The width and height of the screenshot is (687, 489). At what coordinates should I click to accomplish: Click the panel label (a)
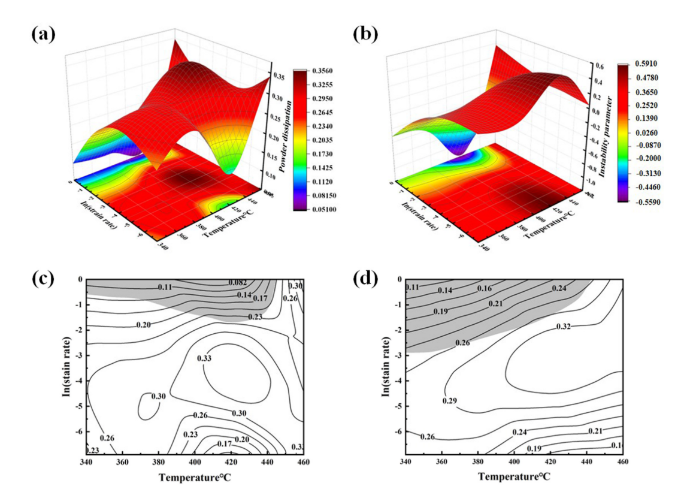point(43,35)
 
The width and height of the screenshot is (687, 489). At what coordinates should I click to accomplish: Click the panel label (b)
point(365,35)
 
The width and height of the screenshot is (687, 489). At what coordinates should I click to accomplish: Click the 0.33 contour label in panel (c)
point(205,358)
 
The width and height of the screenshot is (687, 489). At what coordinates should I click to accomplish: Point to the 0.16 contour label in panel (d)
point(484,289)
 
